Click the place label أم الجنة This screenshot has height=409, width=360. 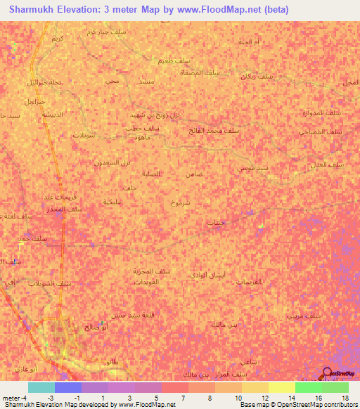[x=249, y=43]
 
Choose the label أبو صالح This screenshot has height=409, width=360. [x=97, y=327]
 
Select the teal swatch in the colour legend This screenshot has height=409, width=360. [x=41, y=387]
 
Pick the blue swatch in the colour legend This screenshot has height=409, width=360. [x=67, y=387]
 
